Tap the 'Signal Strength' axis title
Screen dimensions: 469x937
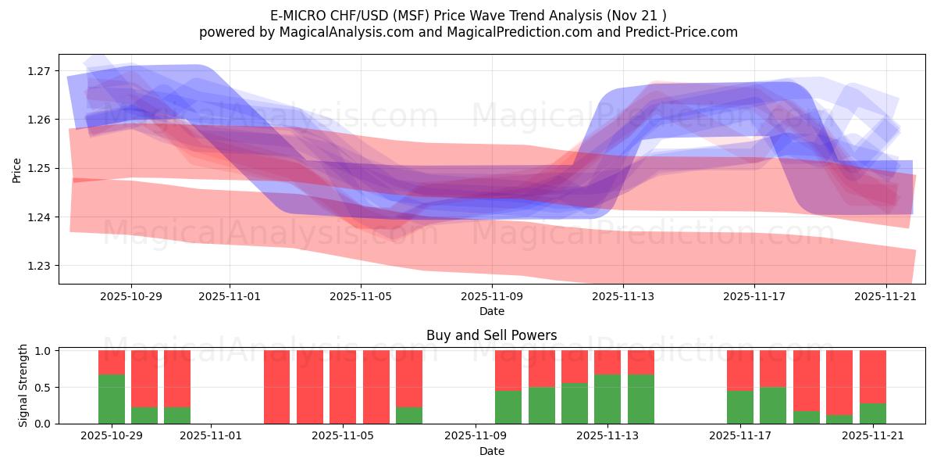tap(23, 386)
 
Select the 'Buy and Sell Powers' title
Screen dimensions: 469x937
tap(491, 335)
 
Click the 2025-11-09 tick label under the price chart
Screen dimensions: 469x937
tap(492, 297)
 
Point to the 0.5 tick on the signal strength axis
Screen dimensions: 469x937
tap(44, 387)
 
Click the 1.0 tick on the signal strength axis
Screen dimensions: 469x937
tap(44, 351)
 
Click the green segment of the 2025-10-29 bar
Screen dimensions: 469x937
tap(112, 399)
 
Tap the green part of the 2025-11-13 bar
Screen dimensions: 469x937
tap(607, 399)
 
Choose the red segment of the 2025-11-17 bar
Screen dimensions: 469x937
tap(740, 370)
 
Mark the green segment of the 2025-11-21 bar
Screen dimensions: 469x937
tap(872, 414)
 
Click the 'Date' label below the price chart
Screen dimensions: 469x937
tap(491, 311)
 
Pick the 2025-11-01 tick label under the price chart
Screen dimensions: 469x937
tap(229, 297)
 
